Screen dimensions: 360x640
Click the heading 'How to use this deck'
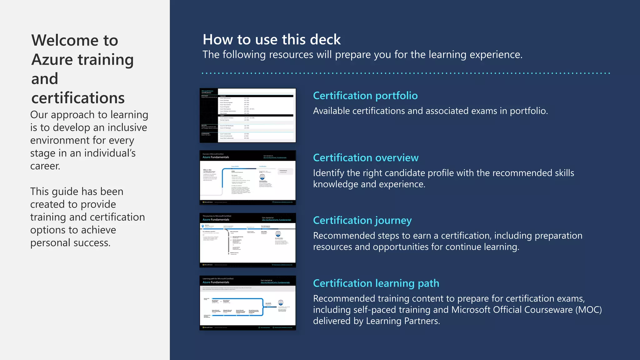click(272, 40)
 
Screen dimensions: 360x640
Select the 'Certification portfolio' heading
click(365, 96)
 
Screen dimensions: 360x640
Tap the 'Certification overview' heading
click(366, 158)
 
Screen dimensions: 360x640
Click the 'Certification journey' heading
click(362, 221)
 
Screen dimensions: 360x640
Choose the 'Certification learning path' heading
click(376, 283)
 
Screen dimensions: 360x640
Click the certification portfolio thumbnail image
click(247, 115)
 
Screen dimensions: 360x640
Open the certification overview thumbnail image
click(247, 177)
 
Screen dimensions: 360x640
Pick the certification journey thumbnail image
click(247, 240)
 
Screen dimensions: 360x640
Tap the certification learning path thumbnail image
click(247, 302)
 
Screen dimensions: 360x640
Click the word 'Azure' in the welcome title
click(52, 60)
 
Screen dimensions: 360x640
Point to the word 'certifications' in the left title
click(78, 98)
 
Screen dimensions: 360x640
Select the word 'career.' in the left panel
click(45, 166)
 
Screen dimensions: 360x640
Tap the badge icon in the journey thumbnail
click(278, 233)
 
